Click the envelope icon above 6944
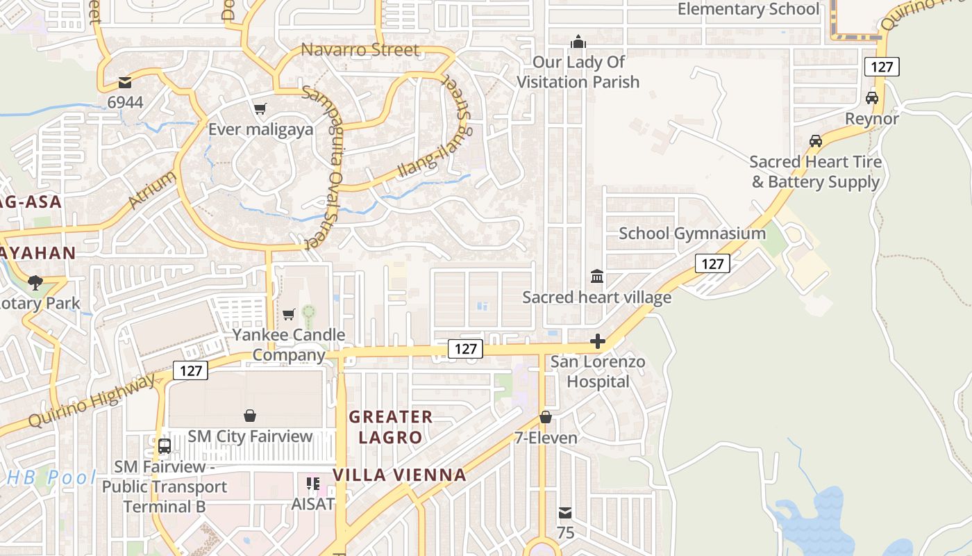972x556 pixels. (125, 83)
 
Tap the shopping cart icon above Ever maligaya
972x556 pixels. (260, 108)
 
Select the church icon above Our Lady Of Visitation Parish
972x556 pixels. (578, 42)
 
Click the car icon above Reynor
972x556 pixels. (872, 98)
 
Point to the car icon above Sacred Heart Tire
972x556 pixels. (816, 141)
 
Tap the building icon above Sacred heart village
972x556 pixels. (597, 277)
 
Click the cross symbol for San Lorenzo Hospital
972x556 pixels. (597, 341)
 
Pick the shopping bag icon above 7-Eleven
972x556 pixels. (546, 417)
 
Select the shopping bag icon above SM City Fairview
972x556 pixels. (250, 416)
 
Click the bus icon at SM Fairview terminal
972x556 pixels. (165, 445)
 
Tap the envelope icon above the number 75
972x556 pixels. (566, 513)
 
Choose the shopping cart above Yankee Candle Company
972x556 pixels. (289, 314)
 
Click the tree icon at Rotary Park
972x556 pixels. (35, 282)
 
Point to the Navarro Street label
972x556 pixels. (360, 50)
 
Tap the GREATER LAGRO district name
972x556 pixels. (391, 427)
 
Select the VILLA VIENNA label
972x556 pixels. (399, 475)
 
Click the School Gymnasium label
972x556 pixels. (692, 233)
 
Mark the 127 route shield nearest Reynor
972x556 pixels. (882, 67)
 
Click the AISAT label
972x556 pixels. (314, 504)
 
